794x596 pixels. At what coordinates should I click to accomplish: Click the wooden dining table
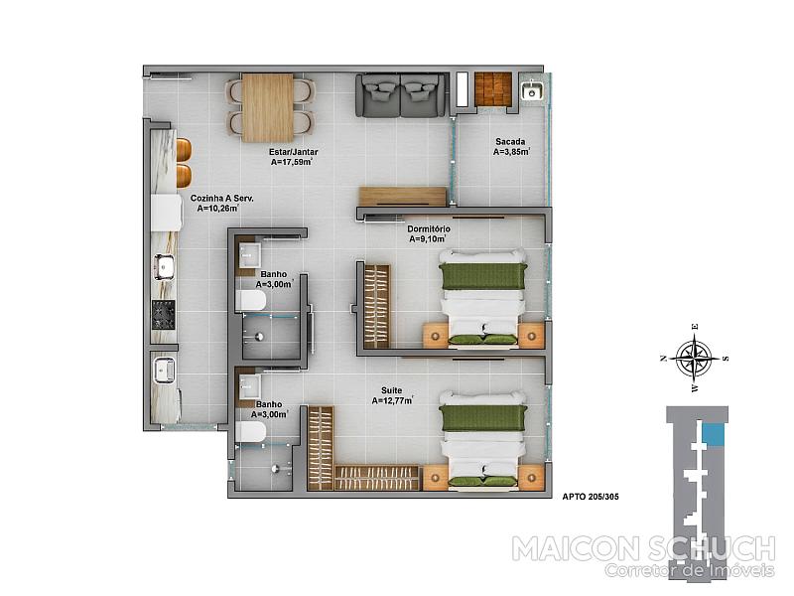267,107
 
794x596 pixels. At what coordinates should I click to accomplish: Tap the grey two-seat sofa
402,95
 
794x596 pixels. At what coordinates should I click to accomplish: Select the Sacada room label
510,142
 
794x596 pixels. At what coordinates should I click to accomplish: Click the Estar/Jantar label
294,152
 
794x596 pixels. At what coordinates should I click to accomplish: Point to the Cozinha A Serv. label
221,198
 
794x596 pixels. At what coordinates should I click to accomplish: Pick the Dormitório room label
429,229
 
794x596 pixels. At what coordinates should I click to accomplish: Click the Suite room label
391,390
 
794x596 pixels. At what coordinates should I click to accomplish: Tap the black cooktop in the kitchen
164,315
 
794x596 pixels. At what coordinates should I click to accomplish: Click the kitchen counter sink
164,267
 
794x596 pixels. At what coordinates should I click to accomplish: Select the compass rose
694,358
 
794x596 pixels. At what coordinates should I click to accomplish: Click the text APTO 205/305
591,497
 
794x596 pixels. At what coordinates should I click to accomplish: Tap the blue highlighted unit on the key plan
714,435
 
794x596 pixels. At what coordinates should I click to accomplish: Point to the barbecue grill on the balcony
493,89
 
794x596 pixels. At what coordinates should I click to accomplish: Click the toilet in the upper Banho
250,301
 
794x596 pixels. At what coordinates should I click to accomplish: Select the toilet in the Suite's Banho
250,433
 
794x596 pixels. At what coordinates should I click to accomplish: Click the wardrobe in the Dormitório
377,306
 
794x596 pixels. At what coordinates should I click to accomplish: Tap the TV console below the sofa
403,196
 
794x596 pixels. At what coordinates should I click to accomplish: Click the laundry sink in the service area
164,370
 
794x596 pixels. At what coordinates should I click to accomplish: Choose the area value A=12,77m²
392,401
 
